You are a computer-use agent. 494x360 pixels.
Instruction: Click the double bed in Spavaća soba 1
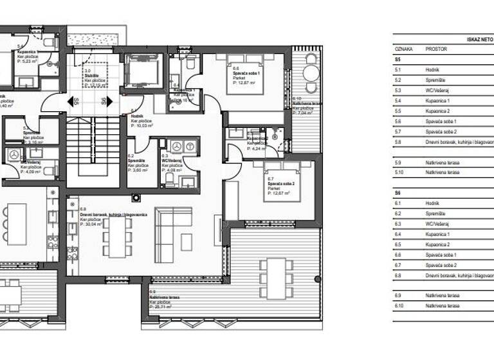point(245,74)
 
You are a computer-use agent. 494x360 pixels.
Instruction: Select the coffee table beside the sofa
point(187,242)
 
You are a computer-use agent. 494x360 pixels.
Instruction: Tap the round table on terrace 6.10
point(311,73)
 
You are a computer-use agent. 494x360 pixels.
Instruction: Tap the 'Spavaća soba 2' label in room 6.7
point(280,184)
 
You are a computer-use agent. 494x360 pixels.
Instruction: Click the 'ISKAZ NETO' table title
point(479,39)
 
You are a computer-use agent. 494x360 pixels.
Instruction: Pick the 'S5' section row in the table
point(398,59)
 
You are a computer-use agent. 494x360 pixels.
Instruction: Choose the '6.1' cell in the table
point(398,203)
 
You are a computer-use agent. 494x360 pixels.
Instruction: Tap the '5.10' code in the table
point(399,172)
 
